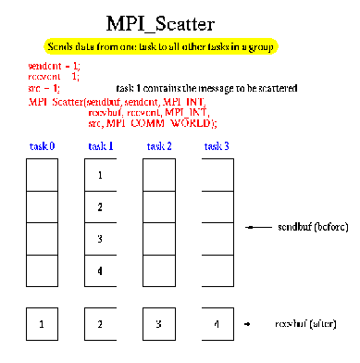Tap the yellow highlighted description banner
click(180, 45)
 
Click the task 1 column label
click(99, 144)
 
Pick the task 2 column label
click(158, 144)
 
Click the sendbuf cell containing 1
click(99, 174)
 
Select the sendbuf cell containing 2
click(99, 207)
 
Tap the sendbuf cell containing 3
click(99, 239)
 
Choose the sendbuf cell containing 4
click(99, 270)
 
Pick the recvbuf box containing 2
click(99, 325)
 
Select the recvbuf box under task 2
click(158, 325)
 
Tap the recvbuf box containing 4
click(217, 325)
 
